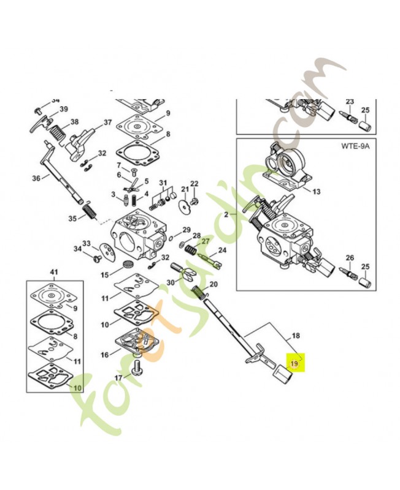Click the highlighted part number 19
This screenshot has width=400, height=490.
(x=294, y=363)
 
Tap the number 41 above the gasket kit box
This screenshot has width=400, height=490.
(x=53, y=271)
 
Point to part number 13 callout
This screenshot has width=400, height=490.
(x=316, y=191)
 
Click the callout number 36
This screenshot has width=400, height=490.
(x=36, y=178)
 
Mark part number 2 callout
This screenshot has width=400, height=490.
(x=225, y=214)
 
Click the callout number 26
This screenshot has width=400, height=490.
(x=350, y=257)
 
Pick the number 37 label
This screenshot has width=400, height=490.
(x=107, y=122)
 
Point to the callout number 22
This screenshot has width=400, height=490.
(x=194, y=184)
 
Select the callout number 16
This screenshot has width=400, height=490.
(x=105, y=355)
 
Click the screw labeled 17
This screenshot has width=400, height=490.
(x=138, y=369)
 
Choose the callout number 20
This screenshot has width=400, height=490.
(x=213, y=284)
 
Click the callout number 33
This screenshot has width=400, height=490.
(x=87, y=243)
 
